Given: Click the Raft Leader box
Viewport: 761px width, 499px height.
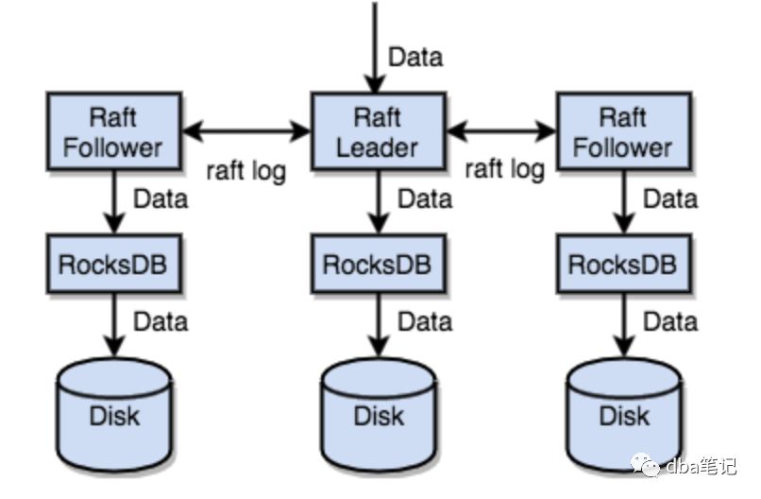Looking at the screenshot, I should [x=378, y=131].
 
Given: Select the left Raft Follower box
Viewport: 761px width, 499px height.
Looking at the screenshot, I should [x=113, y=131].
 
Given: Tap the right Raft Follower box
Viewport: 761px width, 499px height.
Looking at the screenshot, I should [x=622, y=131].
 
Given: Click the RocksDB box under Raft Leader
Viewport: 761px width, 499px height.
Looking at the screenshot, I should [x=378, y=264].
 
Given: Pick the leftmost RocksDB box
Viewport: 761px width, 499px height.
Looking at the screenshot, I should [x=113, y=264].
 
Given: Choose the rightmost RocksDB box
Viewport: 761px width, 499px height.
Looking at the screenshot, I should [x=622, y=264].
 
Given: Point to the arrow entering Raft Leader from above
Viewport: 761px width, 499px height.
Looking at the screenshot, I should [x=374, y=47].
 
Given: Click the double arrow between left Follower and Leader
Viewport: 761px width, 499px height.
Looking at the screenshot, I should [x=245, y=131].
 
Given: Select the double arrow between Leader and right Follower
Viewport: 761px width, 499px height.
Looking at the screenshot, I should [x=502, y=131].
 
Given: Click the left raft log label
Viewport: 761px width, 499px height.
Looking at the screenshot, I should [x=245, y=171].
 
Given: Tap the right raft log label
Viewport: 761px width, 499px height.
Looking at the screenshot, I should [x=504, y=169].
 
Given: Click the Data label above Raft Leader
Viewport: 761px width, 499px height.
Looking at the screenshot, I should [x=415, y=57].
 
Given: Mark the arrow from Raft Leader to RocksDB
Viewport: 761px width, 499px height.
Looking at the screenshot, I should [x=378, y=202].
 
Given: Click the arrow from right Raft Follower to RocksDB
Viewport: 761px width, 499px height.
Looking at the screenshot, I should [x=623, y=202].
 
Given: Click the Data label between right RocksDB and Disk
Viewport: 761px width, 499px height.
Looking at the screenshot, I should [x=670, y=321].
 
